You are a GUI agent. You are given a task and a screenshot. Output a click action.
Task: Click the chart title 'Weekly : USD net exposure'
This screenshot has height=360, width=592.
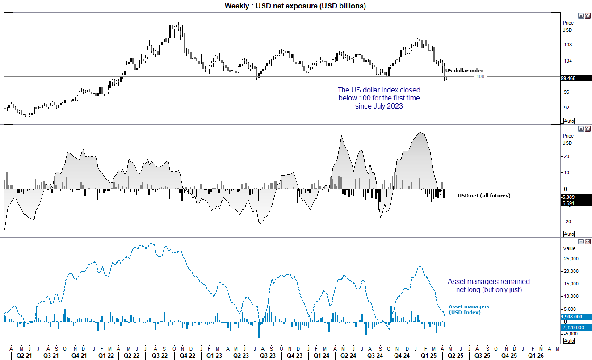(x=295, y=6)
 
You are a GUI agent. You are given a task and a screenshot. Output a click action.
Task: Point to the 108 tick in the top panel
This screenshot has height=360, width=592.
(x=568, y=45)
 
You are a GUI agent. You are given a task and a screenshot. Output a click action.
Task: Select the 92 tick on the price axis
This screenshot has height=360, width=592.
(x=567, y=108)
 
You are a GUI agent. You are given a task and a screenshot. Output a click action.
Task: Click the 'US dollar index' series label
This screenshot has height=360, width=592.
(x=464, y=71)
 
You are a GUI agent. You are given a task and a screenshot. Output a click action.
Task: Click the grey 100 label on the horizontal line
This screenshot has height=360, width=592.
(x=480, y=77)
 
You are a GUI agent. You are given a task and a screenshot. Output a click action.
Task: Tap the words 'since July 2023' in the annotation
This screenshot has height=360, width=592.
(x=379, y=106)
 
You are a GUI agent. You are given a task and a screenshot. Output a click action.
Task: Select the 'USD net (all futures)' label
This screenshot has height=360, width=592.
(x=484, y=195)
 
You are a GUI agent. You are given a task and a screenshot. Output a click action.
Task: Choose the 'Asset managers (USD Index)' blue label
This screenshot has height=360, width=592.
(x=469, y=309)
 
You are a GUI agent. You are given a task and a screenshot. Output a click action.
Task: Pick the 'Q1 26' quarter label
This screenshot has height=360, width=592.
(x=536, y=356)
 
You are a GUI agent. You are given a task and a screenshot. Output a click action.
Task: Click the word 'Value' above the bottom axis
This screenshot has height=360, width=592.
(x=569, y=248)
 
